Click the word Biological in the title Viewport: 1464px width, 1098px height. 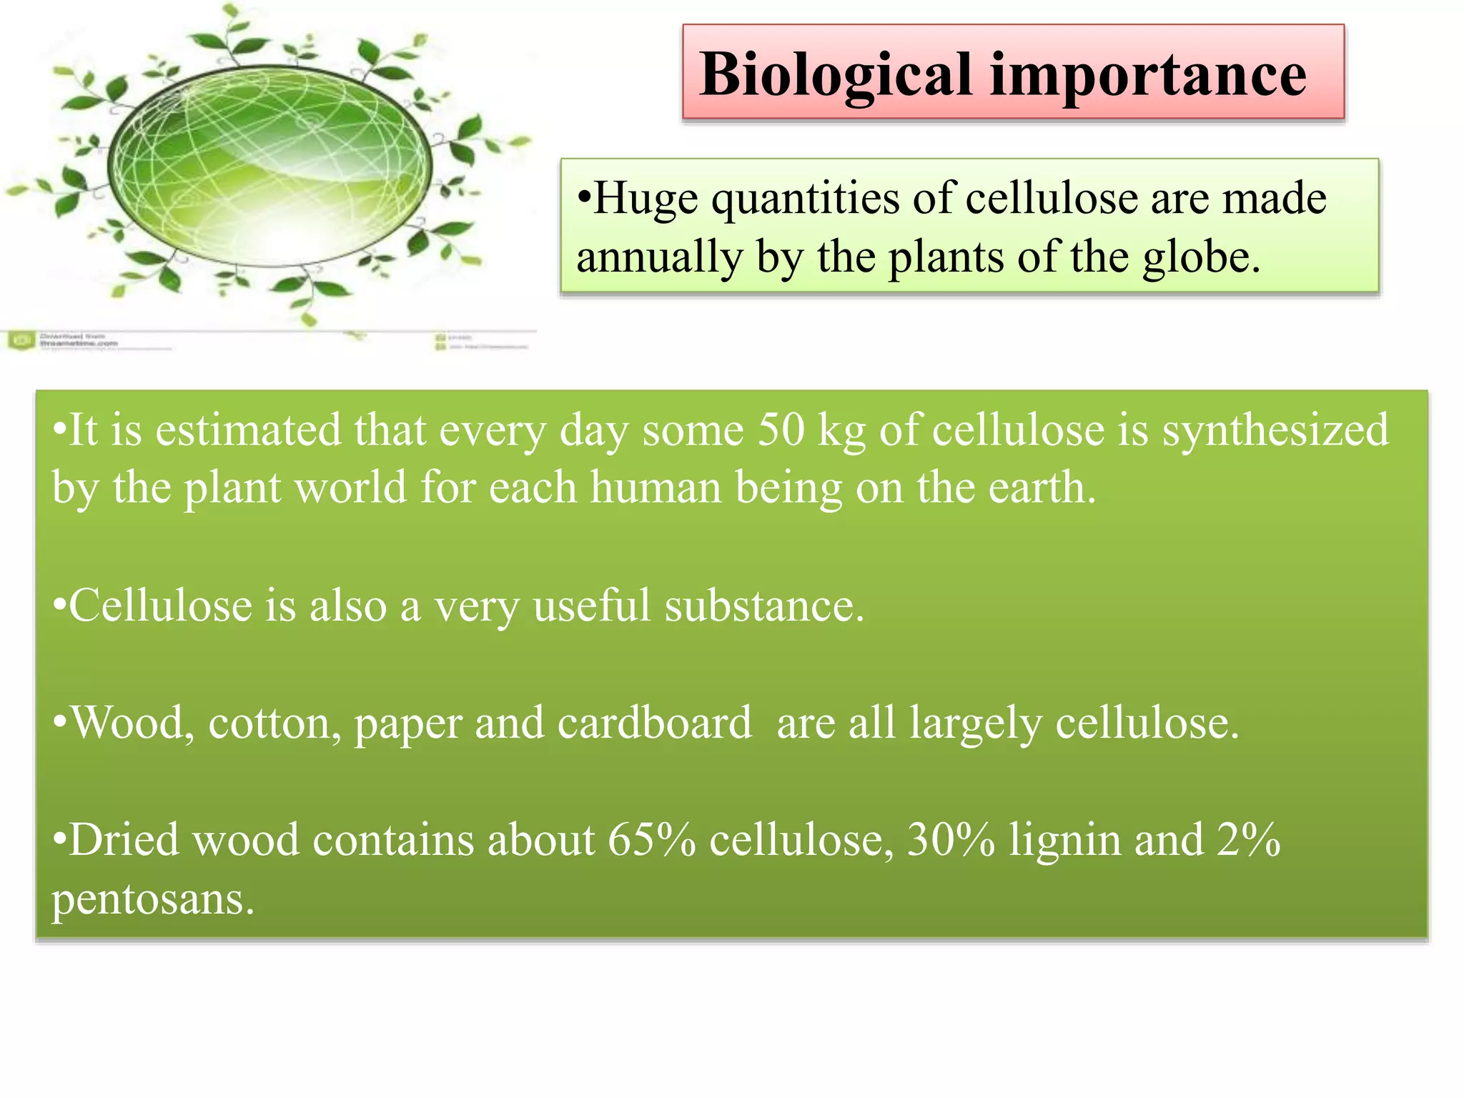835,75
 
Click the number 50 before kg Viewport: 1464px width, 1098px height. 781,430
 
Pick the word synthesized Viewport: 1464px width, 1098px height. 1275,432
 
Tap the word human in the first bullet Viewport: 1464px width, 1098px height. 656,488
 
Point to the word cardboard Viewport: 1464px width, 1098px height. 654,723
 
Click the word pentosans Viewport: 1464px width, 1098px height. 152,899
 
